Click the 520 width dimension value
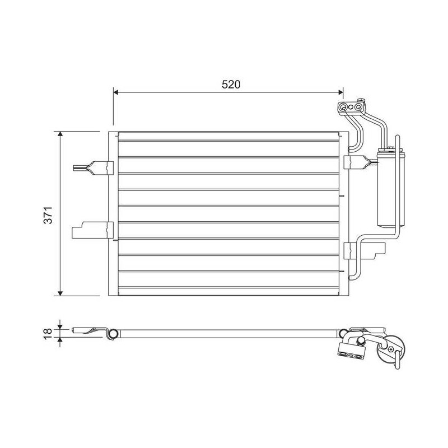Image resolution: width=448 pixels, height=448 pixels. point(231,85)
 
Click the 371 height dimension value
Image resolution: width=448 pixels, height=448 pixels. point(48,215)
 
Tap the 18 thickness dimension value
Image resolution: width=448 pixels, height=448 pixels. point(48,333)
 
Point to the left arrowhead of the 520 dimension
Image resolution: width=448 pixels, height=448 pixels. point(116,92)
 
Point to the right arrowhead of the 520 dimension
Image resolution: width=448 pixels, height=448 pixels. point(340,92)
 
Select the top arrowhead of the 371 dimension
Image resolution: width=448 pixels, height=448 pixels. point(60,134)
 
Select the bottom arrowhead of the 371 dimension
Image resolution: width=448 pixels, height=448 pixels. point(60,293)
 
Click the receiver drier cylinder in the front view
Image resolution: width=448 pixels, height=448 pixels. point(391,188)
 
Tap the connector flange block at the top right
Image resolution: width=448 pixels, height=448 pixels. point(351,108)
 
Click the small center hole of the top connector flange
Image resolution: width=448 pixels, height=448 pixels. point(351,108)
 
